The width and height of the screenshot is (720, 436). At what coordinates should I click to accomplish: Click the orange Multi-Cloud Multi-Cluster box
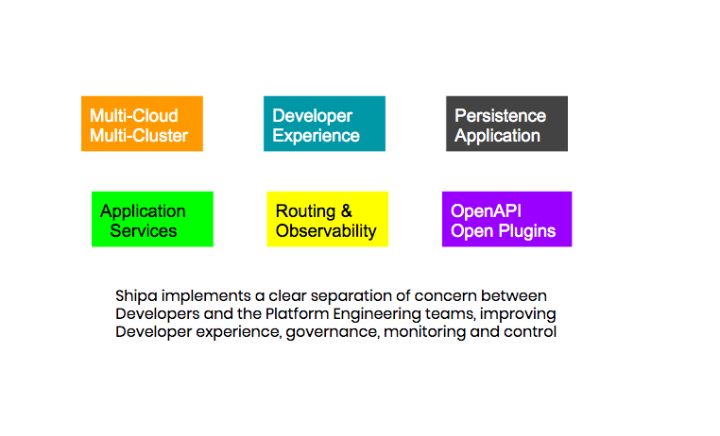(142, 124)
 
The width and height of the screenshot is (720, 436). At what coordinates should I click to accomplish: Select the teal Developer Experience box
(324, 124)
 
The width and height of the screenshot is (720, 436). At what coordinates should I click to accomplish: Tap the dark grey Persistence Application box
(506, 124)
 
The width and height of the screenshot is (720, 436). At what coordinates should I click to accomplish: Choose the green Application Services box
(152, 219)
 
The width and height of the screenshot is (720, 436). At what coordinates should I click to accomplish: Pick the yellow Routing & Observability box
(327, 219)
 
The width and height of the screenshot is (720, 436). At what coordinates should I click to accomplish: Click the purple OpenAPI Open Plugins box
(507, 219)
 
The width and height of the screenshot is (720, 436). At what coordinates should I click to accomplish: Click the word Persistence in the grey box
(500, 115)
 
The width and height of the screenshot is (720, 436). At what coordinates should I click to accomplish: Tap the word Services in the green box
(144, 230)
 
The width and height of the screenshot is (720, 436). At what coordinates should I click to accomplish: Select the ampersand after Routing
(346, 210)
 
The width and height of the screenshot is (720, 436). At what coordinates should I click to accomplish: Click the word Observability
(326, 230)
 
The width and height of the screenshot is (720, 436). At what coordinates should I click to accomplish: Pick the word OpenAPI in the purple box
(486, 210)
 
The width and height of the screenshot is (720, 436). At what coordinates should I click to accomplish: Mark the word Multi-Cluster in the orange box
(139, 136)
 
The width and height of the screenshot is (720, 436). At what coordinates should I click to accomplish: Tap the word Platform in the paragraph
(297, 314)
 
